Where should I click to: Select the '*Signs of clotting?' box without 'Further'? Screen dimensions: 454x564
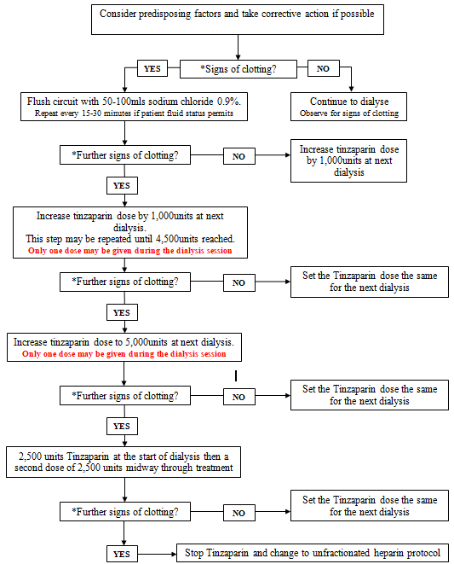tap(238, 69)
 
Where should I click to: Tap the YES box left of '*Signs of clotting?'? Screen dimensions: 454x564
tap(152, 68)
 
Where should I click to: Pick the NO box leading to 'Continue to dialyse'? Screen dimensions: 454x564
tap(324, 68)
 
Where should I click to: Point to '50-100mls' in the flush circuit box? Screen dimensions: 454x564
tap(123, 102)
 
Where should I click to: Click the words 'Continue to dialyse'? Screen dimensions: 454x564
tap(349, 102)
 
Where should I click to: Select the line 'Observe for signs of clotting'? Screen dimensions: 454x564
tap(349, 113)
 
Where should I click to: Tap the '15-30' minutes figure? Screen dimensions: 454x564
tap(92, 113)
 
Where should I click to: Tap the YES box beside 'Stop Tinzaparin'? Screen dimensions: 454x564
tap(122, 554)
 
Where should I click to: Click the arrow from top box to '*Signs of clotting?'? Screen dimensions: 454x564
tap(238, 47)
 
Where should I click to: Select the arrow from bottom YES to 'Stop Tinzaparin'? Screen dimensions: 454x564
tap(157, 554)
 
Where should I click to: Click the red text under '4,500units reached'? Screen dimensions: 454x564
tap(130, 250)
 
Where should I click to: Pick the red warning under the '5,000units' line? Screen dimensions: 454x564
tap(124, 353)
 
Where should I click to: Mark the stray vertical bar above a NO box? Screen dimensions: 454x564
tap(236, 376)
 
